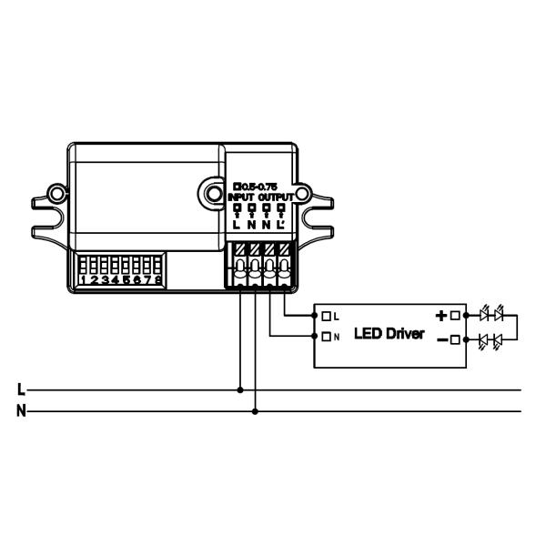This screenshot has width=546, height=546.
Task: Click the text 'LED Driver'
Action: tap(389, 334)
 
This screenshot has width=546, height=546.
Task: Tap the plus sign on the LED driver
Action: tap(441, 316)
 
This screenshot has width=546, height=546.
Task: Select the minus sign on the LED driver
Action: tap(441, 340)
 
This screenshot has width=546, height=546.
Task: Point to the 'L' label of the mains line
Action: tap(20, 389)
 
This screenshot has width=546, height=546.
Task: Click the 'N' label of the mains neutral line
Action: tap(20, 411)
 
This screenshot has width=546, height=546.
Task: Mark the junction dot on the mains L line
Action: tap(240, 389)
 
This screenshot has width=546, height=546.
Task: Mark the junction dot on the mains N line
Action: tap(255, 411)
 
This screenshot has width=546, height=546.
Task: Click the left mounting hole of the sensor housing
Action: tap(57, 194)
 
